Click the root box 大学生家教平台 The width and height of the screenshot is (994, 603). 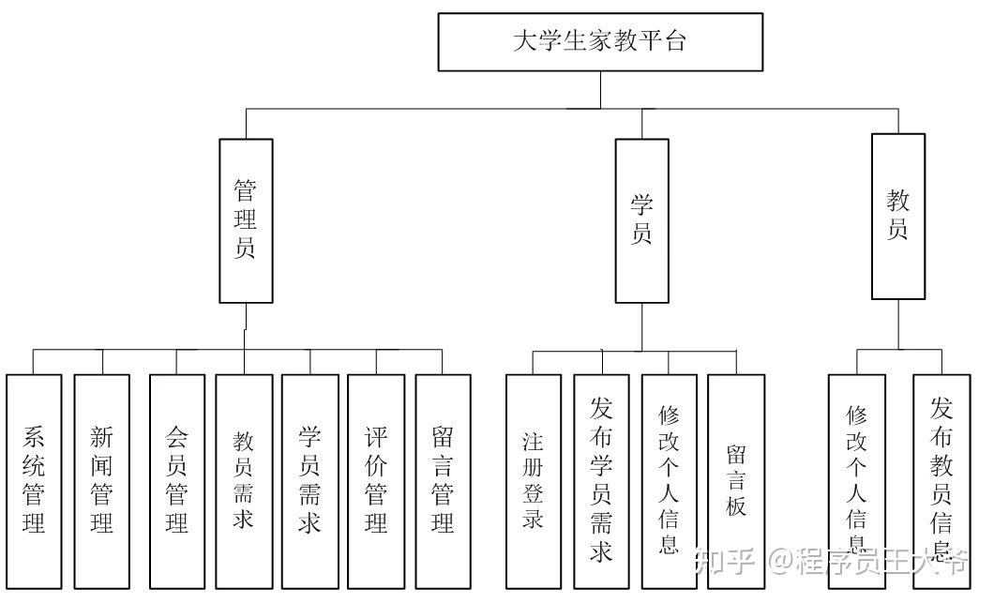click(600, 42)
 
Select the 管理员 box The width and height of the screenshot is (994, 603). click(246, 221)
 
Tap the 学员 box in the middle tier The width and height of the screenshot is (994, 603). click(641, 221)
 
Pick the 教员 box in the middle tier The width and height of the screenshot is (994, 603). click(897, 217)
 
